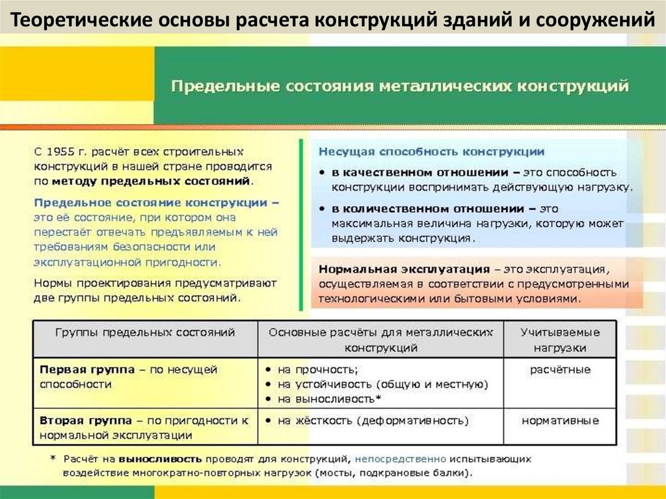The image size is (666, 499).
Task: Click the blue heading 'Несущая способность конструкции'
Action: pyautogui.click(x=431, y=152)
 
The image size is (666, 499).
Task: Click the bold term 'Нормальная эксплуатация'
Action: pyautogui.click(x=404, y=269)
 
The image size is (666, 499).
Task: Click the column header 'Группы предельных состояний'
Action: pyautogui.click(x=145, y=332)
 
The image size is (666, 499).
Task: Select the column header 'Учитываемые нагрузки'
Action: pyautogui.click(x=560, y=340)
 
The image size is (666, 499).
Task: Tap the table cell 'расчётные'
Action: pyautogui.click(x=560, y=370)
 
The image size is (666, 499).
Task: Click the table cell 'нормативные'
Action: pyautogui.click(x=560, y=420)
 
